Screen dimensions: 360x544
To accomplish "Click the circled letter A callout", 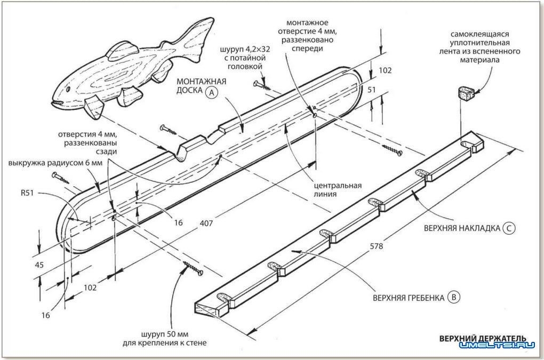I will click(x=212, y=92).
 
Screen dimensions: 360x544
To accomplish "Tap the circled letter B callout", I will click(x=453, y=298).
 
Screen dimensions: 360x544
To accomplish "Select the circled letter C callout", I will click(x=509, y=229).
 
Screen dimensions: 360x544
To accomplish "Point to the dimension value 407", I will click(x=206, y=223).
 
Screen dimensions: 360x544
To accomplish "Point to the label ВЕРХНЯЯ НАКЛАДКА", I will click(x=462, y=229).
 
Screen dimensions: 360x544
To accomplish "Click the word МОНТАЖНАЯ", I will click(x=203, y=81).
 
